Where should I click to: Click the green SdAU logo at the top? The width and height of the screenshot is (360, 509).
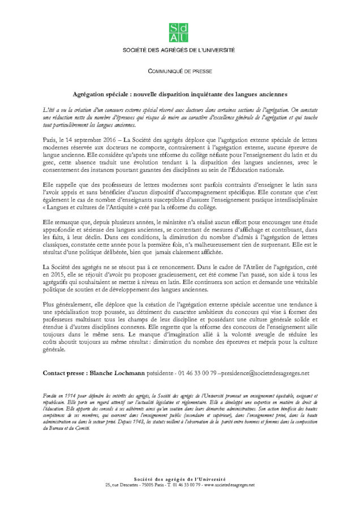point(179,33)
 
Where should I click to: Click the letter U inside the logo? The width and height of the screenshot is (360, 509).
point(185,38)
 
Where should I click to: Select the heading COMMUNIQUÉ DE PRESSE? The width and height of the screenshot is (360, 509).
point(179,72)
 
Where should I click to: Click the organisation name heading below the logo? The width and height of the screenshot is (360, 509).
point(179,50)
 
